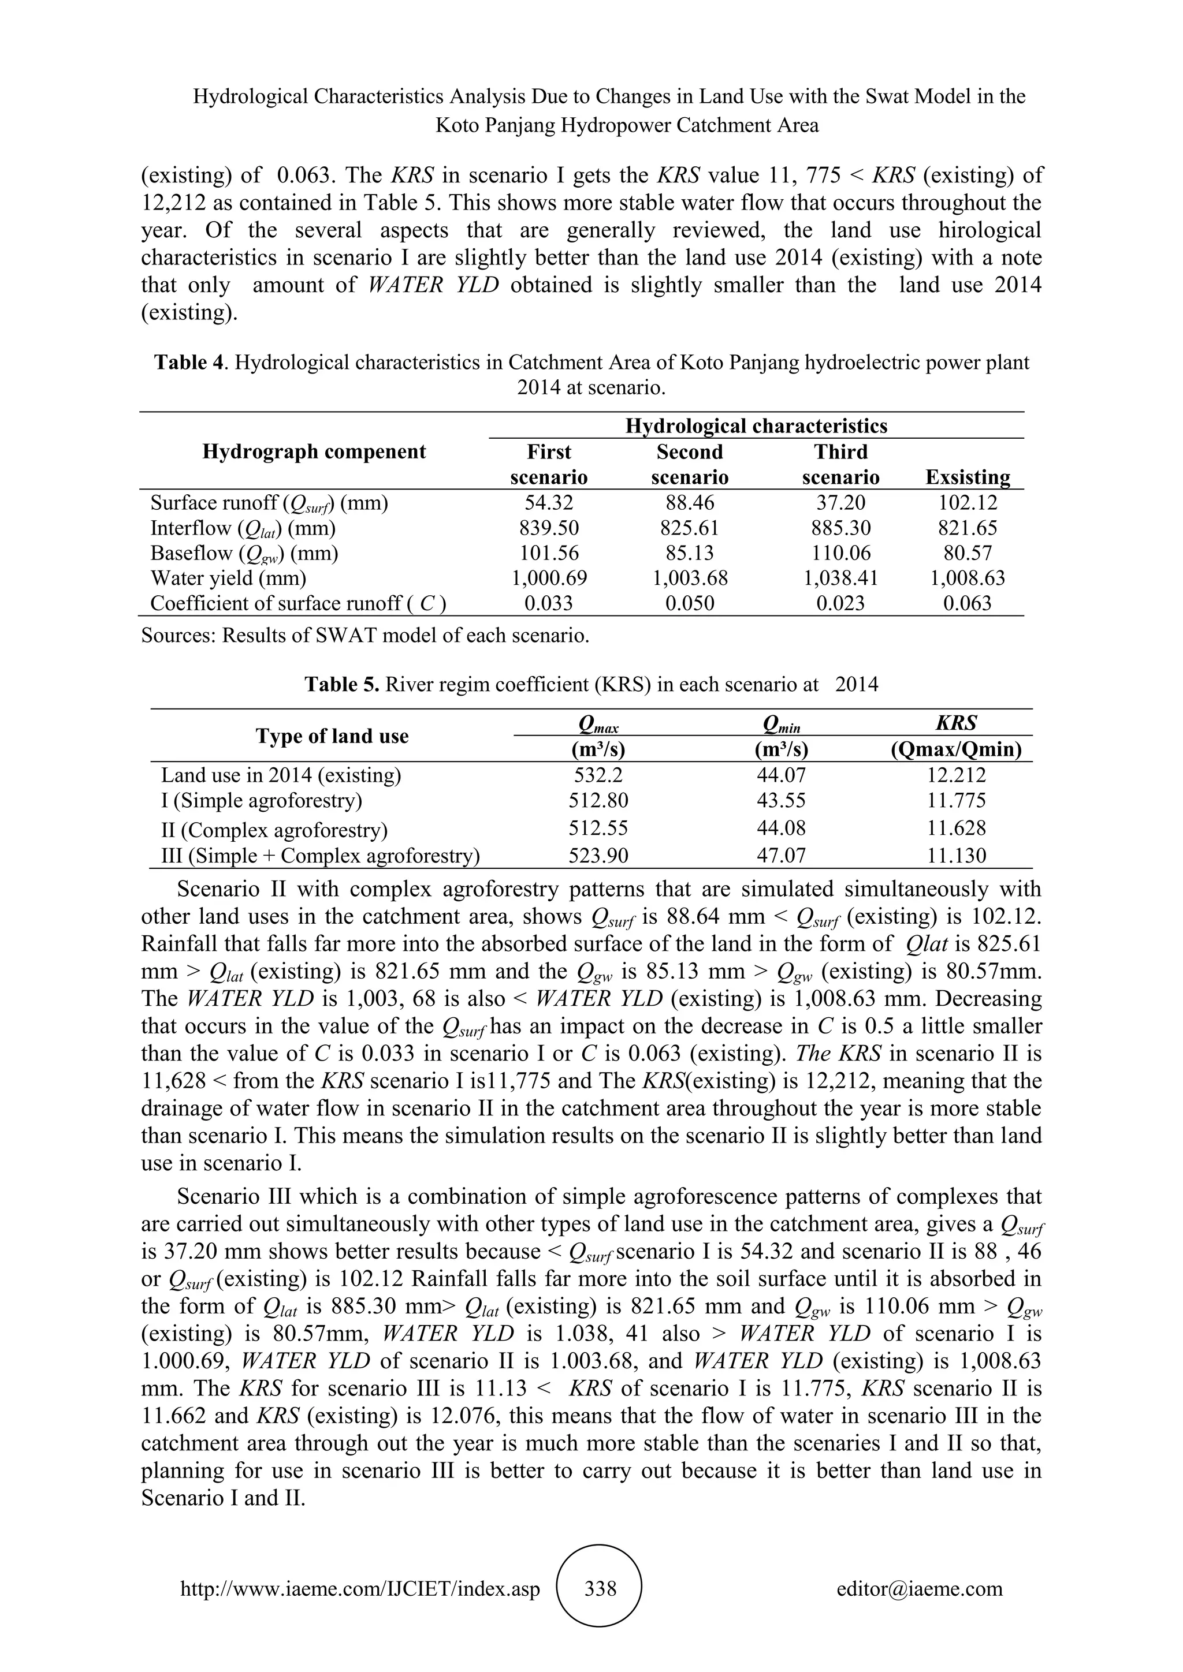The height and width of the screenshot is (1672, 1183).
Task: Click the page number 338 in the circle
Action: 600,1588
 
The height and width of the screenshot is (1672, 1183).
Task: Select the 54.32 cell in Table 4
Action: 549,502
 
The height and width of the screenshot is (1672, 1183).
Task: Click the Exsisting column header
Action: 968,477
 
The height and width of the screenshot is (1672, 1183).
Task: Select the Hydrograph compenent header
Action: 314,451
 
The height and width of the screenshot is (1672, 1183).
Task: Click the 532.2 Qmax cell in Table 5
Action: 598,775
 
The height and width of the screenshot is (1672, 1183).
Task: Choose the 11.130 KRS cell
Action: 956,855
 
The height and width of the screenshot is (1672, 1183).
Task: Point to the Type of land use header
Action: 332,736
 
